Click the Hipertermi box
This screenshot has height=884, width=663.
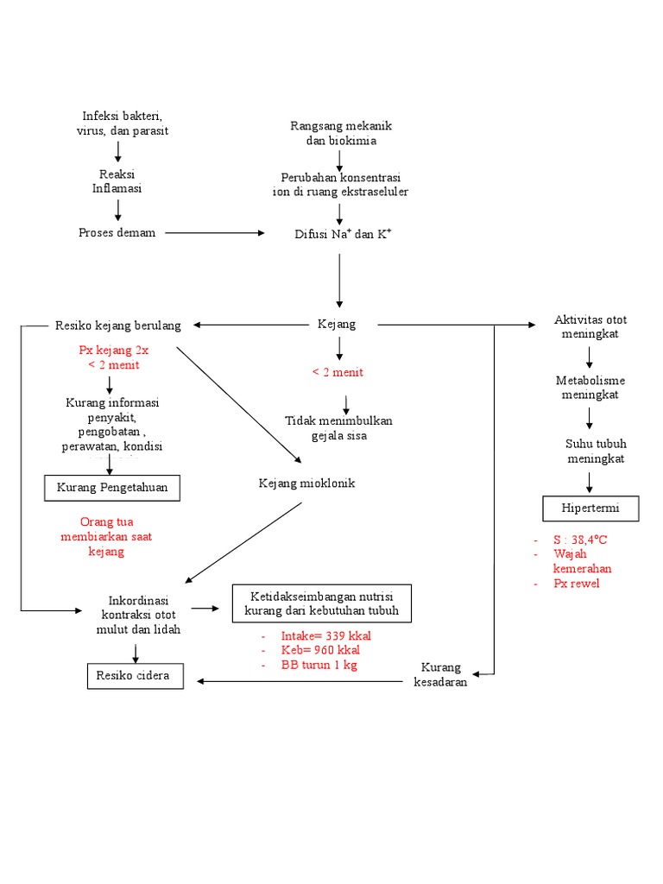[x=591, y=509]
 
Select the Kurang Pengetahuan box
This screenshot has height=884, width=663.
[x=113, y=489]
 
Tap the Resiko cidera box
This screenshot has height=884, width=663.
[x=136, y=677]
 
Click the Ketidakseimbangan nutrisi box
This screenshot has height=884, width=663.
[x=322, y=604]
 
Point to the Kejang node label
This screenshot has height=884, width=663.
[x=337, y=325]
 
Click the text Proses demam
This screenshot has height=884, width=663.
[x=117, y=233]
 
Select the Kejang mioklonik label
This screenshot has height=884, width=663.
[x=306, y=483]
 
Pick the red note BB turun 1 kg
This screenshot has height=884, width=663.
[x=319, y=666]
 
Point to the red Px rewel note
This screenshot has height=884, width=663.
[x=577, y=584]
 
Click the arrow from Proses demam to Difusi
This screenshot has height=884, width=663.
[x=216, y=233]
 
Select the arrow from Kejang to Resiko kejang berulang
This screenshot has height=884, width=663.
[x=250, y=325]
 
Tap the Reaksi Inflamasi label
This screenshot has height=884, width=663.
[x=117, y=181]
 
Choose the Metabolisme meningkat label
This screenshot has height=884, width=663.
[x=590, y=388]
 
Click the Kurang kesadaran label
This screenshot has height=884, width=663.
[x=441, y=675]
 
